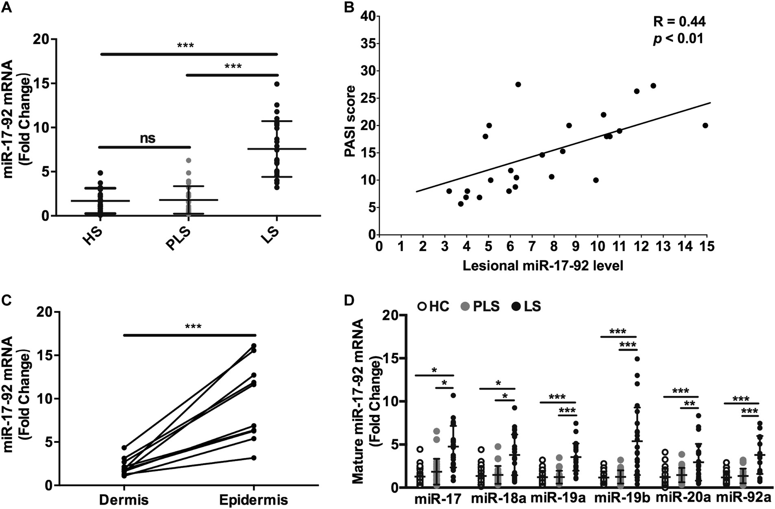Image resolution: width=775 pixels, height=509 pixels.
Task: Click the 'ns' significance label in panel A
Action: [148, 138]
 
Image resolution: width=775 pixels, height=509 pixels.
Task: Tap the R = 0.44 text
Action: [679, 22]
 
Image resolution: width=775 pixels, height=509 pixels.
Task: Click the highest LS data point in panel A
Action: [277, 84]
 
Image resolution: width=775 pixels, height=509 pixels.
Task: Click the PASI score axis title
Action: [349, 121]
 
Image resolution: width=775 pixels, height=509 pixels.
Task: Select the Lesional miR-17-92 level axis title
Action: [543, 266]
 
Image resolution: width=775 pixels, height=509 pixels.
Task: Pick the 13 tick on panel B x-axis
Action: [663, 246]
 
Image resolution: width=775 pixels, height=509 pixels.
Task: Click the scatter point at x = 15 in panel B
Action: [705, 126]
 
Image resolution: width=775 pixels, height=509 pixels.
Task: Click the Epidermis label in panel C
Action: [253, 499]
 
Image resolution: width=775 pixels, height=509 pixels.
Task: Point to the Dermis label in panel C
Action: [124, 499]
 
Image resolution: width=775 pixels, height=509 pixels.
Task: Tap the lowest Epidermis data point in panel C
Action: [254, 458]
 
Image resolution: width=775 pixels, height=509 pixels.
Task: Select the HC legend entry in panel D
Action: [433, 306]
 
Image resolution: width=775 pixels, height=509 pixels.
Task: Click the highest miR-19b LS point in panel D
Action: [637, 359]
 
